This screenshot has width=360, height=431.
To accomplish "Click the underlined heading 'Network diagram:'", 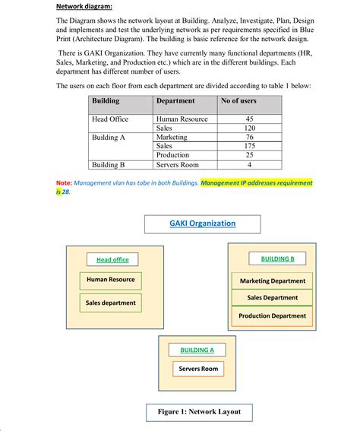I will point(84,7).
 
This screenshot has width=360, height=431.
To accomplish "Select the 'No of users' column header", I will point(238,101).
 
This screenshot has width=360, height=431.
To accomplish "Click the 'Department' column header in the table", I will point(175,101).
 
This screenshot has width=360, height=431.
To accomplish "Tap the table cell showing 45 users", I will point(250,119).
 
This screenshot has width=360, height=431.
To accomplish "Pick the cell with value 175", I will point(250,146).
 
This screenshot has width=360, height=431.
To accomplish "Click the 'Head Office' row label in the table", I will point(110,119).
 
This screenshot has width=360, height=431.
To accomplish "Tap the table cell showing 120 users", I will point(250,128).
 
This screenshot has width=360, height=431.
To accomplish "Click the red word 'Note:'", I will point(65,183).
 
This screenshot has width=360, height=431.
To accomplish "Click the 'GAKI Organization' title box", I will point(201,223).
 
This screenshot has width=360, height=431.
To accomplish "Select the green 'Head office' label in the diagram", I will point(112,260).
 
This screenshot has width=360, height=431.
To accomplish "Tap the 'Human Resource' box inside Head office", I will point(110,280).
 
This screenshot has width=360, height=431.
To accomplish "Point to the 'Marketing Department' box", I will point(272,280).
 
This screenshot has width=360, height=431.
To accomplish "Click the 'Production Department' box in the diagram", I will point(272,315).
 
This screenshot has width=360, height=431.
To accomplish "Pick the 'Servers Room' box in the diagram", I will point(197,369).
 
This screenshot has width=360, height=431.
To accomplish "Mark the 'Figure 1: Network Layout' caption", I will point(199,412).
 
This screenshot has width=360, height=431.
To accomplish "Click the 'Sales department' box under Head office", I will point(111,303).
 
